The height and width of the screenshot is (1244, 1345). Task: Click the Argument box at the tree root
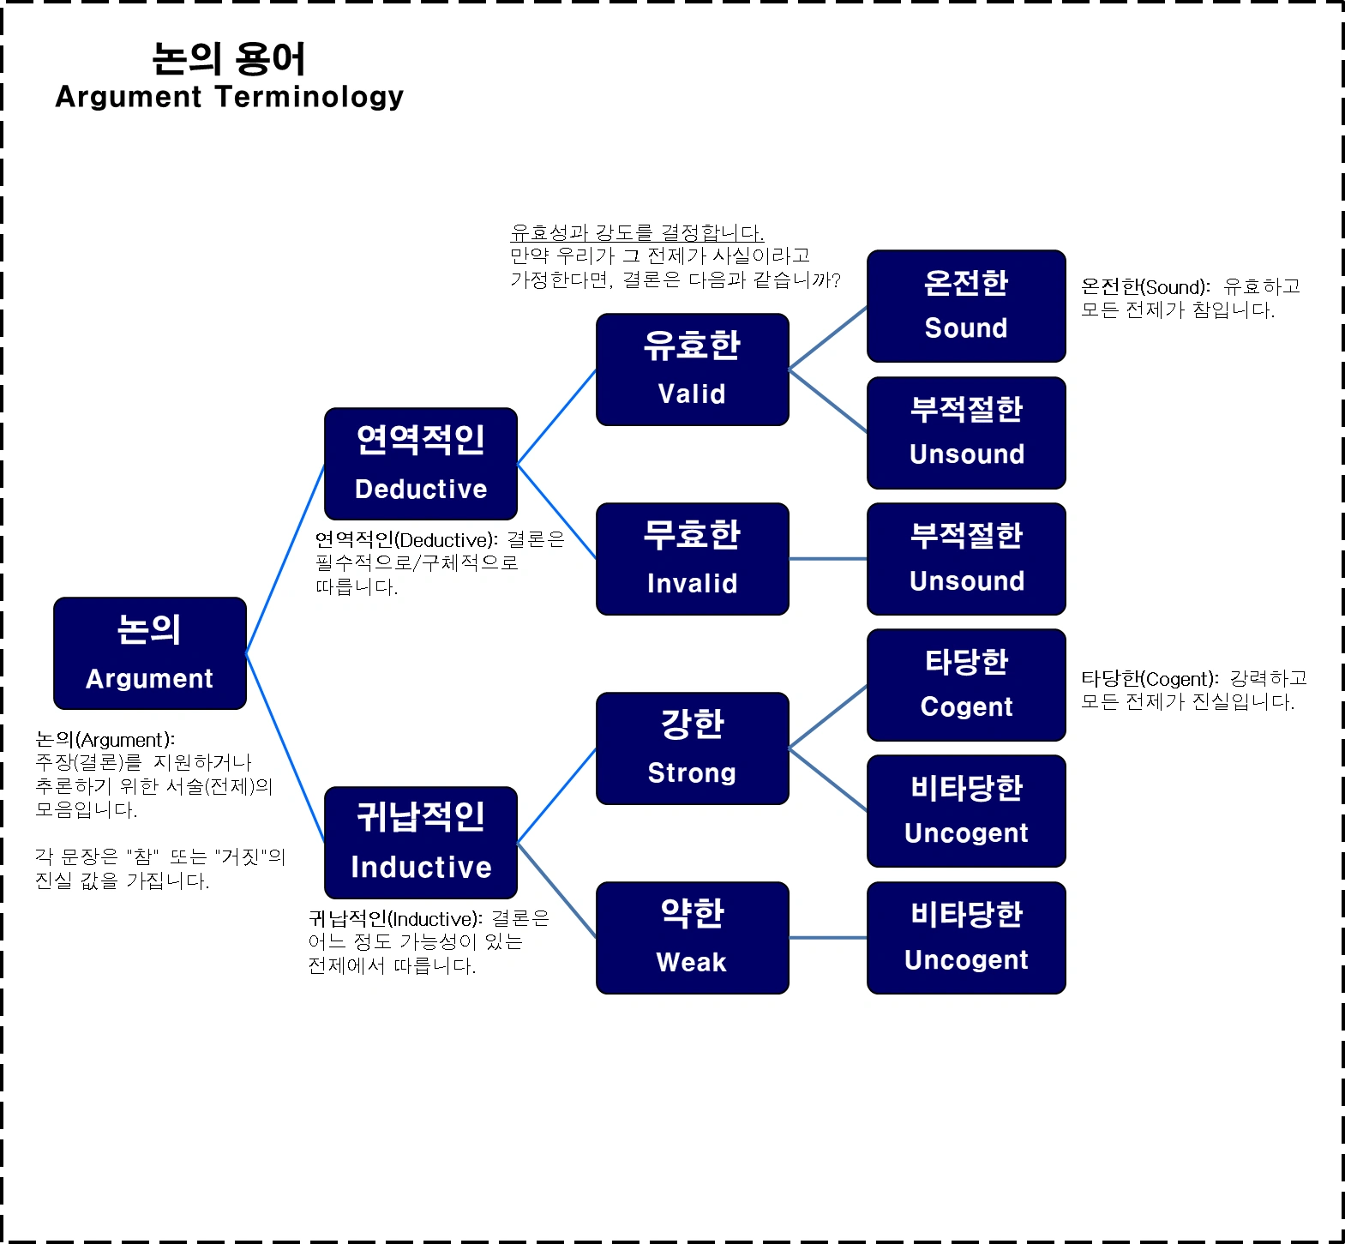tap(150, 653)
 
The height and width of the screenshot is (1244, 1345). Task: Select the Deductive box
tap(421, 464)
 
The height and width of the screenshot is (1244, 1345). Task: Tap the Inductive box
tap(421, 843)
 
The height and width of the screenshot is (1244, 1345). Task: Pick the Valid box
tap(693, 370)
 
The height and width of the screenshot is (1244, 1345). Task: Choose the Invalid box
tap(693, 559)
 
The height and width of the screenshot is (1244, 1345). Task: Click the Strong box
tap(693, 748)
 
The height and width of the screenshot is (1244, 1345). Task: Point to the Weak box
tap(693, 938)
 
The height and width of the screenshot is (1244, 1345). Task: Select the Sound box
tap(966, 306)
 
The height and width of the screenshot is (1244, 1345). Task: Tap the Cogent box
tap(966, 685)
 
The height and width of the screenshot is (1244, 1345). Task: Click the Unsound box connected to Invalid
tap(966, 559)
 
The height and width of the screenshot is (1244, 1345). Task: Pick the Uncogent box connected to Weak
tap(966, 938)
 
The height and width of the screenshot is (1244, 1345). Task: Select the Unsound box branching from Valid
tap(966, 433)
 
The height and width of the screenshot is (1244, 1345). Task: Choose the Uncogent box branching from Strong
tap(966, 811)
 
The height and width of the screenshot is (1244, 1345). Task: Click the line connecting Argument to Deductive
tap(285, 559)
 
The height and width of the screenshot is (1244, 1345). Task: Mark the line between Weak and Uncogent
tap(828, 938)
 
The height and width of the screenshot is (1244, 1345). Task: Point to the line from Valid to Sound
tap(828, 338)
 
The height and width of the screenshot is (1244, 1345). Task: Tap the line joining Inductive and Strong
tap(557, 796)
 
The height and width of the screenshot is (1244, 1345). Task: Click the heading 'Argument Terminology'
tap(229, 97)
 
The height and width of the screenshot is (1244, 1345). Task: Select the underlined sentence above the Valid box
tap(637, 232)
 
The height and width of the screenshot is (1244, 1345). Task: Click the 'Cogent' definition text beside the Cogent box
tap(1194, 690)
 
